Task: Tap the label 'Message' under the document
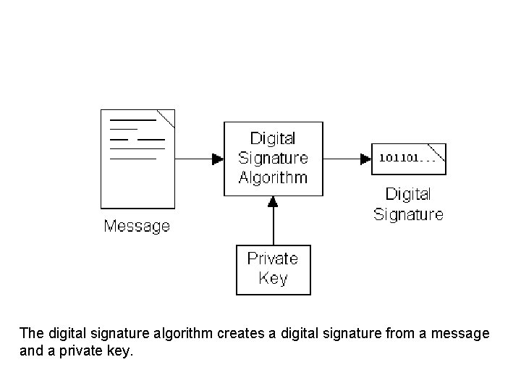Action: pos(137,226)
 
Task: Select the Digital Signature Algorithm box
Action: pos(273,159)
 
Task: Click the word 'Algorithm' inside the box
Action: pos(273,178)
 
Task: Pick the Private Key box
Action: pos(273,269)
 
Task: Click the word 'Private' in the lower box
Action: pos(273,259)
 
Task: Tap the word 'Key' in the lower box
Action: pos(273,279)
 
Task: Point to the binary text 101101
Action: pos(399,158)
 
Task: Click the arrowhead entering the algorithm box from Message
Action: pos(217,159)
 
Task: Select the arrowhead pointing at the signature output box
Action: pos(365,159)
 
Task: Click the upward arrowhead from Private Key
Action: pos(273,203)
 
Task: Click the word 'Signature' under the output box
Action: pos(408,214)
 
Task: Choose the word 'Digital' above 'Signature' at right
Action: pos(408,194)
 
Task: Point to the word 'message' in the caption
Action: pos(465,334)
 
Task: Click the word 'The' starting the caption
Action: pos(31,334)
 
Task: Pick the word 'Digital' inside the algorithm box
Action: pos(273,138)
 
